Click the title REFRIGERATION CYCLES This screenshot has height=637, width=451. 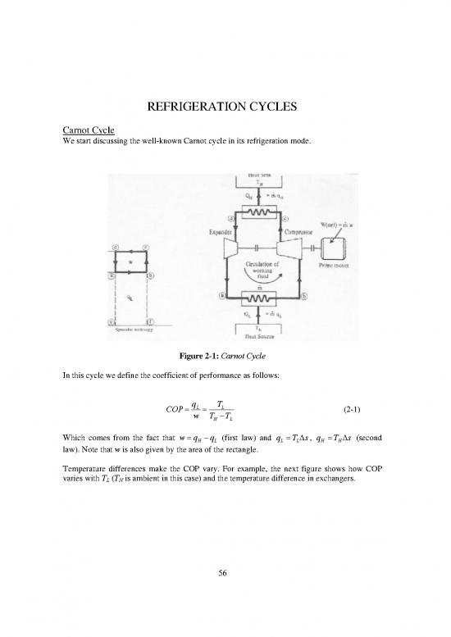[225, 107]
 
